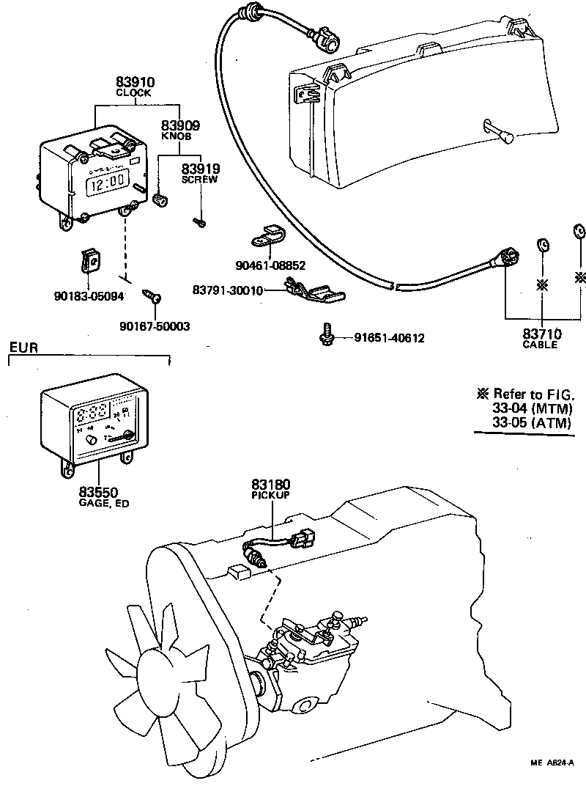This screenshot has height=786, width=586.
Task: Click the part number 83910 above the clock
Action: coord(133,83)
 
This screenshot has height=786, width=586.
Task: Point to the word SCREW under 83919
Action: coord(200,179)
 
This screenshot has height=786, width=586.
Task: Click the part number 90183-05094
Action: coord(89,296)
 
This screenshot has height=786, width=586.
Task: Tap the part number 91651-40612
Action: coord(389,338)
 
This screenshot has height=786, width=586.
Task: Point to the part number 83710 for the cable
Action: coord(541,334)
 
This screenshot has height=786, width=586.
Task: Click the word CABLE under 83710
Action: coord(541,345)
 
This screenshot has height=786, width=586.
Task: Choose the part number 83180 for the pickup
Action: coord(271,484)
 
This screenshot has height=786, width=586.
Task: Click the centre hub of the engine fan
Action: coord(163,676)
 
